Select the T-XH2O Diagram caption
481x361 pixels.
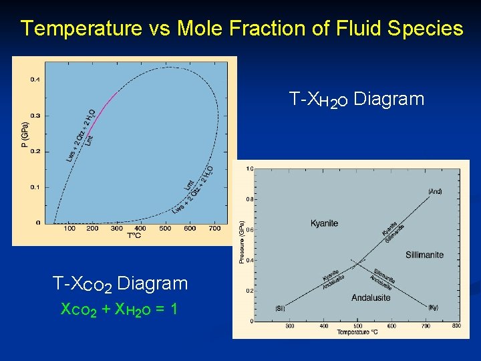point(357,100)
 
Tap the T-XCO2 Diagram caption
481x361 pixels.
point(120,284)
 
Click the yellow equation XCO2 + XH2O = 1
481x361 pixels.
point(118,310)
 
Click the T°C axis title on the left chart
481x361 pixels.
point(134,235)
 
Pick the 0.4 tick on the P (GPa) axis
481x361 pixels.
point(35,80)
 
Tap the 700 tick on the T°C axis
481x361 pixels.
point(214,229)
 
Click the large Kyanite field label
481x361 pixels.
point(325,223)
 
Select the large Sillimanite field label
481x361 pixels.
point(424,255)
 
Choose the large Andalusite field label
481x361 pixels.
point(371,297)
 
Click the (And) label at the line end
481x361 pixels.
point(434,191)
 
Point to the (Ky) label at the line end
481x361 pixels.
point(432,308)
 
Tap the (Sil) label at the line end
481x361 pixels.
point(279,308)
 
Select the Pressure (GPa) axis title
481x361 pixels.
point(242,242)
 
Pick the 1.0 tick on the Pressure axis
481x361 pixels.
point(249,168)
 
